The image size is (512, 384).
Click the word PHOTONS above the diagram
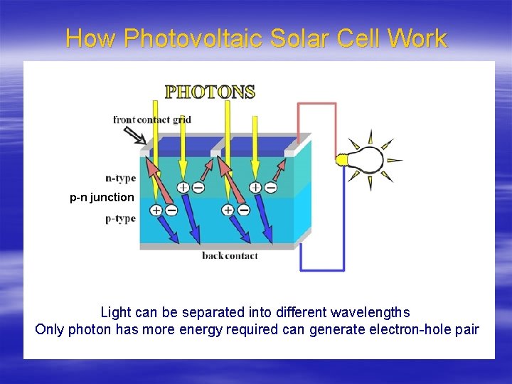(210, 92)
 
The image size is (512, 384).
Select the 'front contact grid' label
(151, 119)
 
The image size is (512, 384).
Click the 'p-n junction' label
(102, 197)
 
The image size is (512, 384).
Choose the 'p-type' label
(120, 218)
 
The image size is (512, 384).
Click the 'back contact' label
(230, 255)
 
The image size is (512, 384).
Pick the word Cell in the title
(356, 38)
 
